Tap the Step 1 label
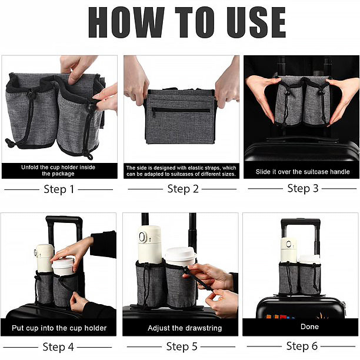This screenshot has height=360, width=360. (59, 189)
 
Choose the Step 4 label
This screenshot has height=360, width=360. (58, 346)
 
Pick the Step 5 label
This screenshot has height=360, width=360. (181, 346)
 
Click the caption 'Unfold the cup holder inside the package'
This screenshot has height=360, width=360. (58, 171)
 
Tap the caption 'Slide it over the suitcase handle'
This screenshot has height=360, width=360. (302, 172)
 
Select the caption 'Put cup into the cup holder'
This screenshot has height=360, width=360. (58, 328)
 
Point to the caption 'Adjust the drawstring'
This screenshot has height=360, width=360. (180, 328)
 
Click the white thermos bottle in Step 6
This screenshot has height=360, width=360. (288, 249)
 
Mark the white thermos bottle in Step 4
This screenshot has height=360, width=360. (44, 258)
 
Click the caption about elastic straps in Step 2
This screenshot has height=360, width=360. (181, 171)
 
